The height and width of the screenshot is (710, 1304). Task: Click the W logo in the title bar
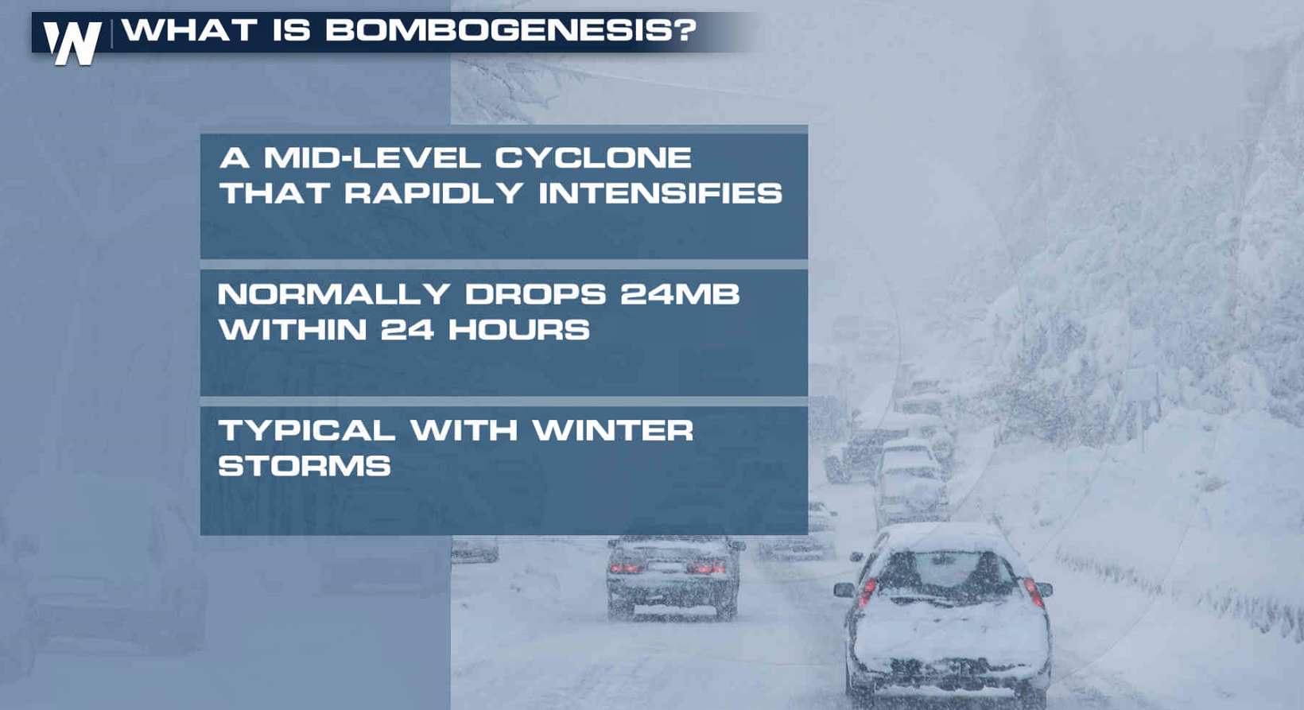73,43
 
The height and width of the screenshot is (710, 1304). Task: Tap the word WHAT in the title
189,29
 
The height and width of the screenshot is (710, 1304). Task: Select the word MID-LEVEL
372,157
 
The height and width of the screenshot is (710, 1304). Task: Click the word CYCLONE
593,157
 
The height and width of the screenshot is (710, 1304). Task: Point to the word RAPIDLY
433,193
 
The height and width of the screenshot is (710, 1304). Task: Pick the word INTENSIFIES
660,193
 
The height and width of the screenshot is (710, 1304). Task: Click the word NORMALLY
334,294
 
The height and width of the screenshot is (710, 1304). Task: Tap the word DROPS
536,294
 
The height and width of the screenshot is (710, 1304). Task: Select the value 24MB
680,294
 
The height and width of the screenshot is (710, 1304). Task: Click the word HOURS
519,330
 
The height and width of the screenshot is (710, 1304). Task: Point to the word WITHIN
293,330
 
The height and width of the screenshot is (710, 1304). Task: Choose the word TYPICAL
307,431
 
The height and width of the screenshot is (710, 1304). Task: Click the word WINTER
612,431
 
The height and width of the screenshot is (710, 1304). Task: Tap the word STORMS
305,466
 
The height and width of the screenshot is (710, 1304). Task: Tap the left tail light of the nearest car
867,592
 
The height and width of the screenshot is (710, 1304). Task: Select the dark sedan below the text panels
674,576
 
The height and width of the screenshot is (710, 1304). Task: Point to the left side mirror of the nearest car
844,590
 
